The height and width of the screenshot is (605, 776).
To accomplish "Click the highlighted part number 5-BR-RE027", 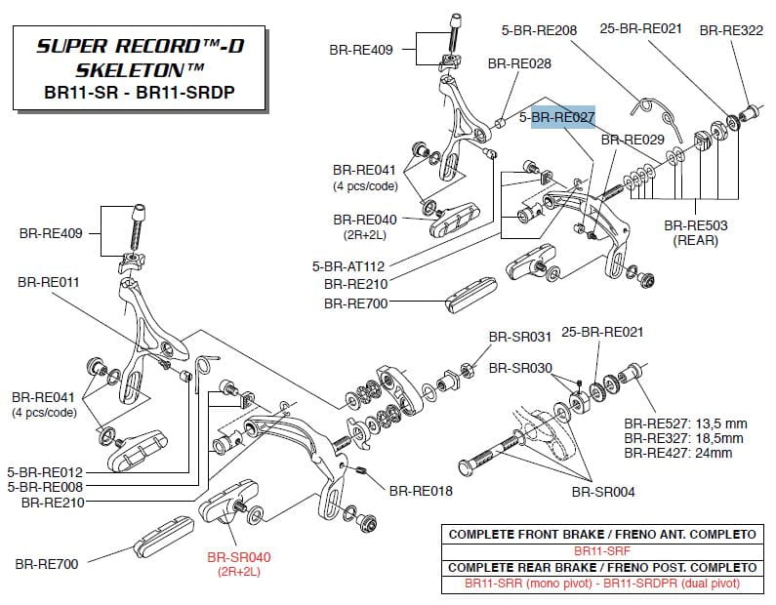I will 557,117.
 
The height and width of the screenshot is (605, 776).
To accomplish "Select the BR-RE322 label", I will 731,30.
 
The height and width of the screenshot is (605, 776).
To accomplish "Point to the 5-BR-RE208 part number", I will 540,30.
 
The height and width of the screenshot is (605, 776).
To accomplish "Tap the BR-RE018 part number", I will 421,491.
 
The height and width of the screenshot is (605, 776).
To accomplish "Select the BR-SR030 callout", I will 520,369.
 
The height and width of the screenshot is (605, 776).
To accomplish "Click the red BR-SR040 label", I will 239,557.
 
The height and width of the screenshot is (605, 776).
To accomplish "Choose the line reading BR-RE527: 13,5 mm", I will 686,423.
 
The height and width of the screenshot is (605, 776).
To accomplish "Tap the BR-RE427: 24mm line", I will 678,453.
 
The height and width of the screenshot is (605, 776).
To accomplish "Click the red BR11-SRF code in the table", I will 601,551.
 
